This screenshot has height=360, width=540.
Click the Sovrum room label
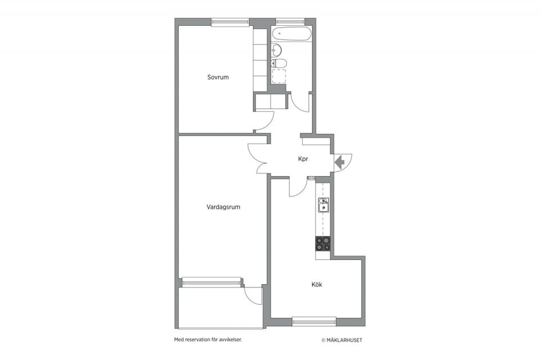pyautogui.click(x=218, y=77)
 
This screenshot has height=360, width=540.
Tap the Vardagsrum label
pyautogui.click(x=223, y=207)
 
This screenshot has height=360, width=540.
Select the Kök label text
pyautogui.click(x=317, y=285)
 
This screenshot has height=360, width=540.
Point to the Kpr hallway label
pyautogui.click(x=303, y=159)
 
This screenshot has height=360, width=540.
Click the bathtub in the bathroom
pyautogui.click(x=291, y=34)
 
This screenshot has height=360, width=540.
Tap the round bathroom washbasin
pyautogui.click(x=276, y=50)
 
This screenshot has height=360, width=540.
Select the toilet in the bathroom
pyautogui.click(x=278, y=64)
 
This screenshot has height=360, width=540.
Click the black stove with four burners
pyautogui.click(x=323, y=243)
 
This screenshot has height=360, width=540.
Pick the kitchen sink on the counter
pyautogui.click(x=323, y=205)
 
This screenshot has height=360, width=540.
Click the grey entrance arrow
pyautogui.click(x=340, y=161)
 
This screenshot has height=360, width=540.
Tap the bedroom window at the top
pyautogui.click(x=230, y=22)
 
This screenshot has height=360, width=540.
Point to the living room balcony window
pyautogui.click(x=212, y=282)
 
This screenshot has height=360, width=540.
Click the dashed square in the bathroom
pyautogui.click(x=278, y=76)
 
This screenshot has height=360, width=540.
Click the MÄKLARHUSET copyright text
pyautogui.click(x=341, y=340)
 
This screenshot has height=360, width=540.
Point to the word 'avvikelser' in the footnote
pyautogui.click(x=231, y=340)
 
